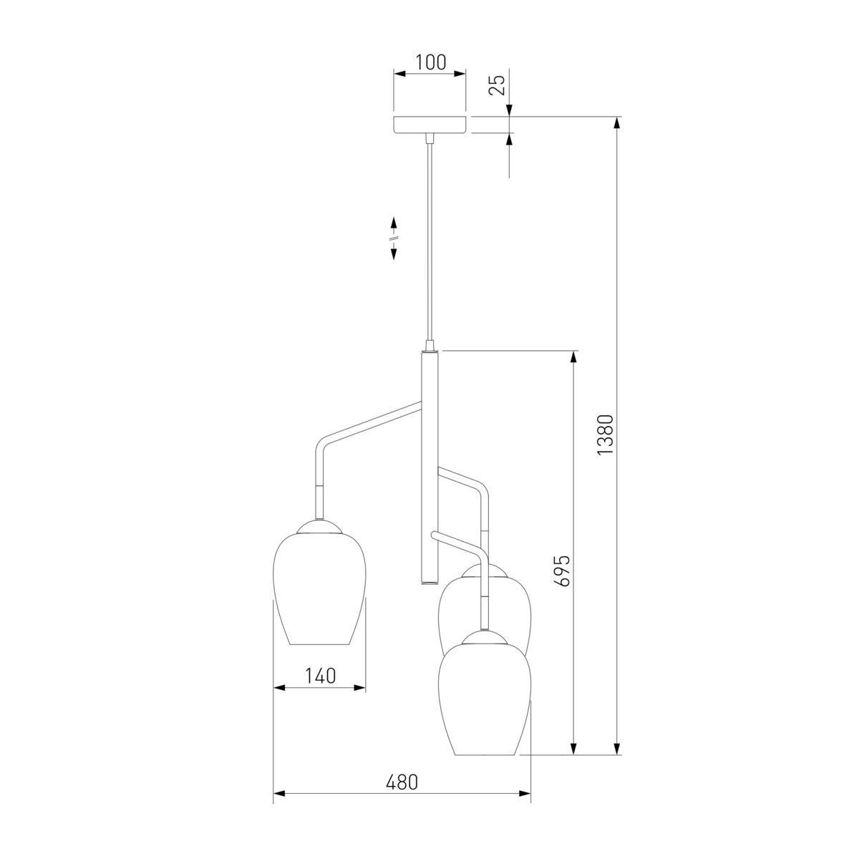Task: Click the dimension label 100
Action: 431,63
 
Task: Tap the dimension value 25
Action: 497,84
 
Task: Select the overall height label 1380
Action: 606,435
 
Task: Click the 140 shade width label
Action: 320,676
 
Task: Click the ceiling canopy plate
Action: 429,125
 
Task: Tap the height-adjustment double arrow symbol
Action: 394,238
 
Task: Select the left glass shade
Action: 319,588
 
